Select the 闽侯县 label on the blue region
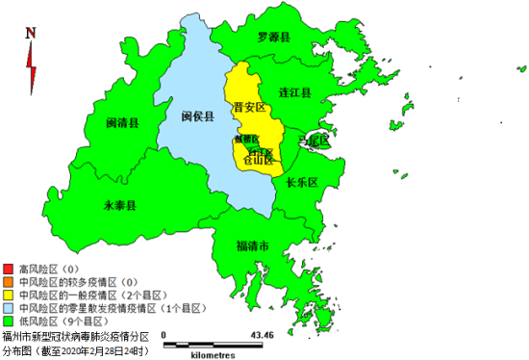[197, 116]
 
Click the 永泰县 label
[119, 205]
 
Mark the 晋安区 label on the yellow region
[251, 108]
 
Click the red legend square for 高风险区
[9, 269]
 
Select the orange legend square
[9, 282]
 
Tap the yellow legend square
[9, 296]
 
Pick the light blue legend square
[9, 309]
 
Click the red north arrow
[31, 67]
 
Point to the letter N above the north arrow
[31, 32]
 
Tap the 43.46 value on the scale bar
[261, 335]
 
